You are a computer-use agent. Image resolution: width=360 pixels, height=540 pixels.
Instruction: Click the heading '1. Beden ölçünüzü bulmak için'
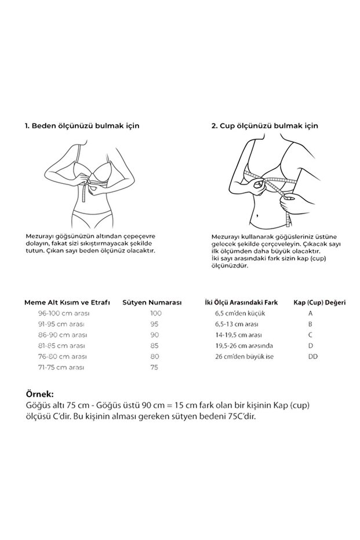82,126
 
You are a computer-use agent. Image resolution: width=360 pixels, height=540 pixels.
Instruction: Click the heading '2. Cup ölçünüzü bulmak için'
265,126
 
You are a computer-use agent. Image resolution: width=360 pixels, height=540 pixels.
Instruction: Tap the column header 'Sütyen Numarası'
152,302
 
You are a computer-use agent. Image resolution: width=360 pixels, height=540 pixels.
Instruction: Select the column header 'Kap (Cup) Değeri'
319,302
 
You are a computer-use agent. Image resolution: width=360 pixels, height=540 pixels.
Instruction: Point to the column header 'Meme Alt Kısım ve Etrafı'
67,302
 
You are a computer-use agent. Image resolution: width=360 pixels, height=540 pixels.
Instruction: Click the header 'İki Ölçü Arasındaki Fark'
241,302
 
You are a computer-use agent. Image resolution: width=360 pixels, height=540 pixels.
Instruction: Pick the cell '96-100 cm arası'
64,313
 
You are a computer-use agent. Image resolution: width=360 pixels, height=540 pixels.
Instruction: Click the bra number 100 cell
155,313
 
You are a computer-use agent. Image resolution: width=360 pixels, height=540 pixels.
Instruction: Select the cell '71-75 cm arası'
61,368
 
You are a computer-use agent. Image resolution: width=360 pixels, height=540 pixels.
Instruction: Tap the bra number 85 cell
154,346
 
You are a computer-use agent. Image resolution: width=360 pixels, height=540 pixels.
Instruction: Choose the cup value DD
313,357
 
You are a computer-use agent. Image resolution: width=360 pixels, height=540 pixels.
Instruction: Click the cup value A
311,313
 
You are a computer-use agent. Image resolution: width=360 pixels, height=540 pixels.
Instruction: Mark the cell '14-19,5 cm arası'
238,335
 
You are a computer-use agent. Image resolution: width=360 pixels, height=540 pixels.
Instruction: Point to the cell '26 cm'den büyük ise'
245,357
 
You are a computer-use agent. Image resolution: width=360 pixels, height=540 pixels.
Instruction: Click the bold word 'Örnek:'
40,394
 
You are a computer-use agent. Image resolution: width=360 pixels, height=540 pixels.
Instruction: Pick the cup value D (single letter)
311,346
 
